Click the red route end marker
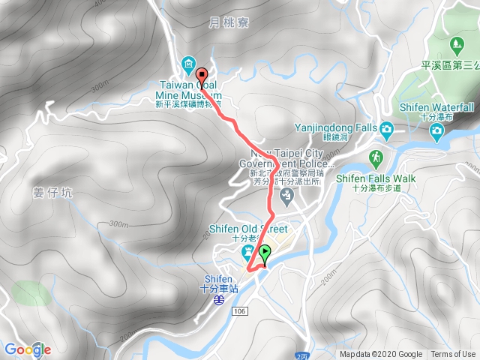pos(201,74)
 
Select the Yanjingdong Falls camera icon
pos(386,128)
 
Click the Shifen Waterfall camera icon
pos(436,132)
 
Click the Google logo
pos(27,349)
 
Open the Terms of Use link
pos(453,355)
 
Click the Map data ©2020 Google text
pos(381,355)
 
